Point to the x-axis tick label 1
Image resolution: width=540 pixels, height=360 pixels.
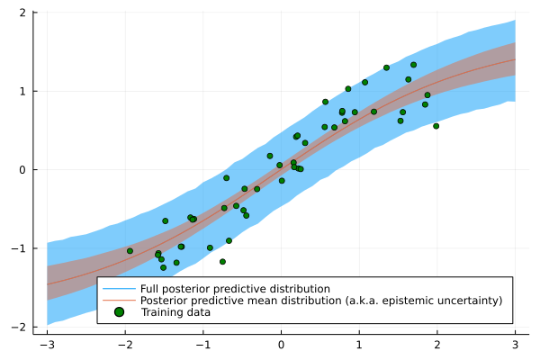359,343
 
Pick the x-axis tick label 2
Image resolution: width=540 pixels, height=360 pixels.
436,343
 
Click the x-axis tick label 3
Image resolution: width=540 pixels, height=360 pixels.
515,343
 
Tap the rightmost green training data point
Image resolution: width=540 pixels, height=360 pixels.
436,126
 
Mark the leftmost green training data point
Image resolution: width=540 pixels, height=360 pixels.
130,251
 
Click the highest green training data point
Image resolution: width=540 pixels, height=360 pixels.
413,65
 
